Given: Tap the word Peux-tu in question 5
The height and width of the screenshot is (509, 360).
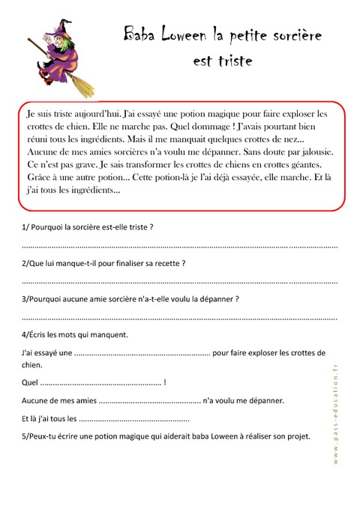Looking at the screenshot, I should pyautogui.click(x=45, y=436).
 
